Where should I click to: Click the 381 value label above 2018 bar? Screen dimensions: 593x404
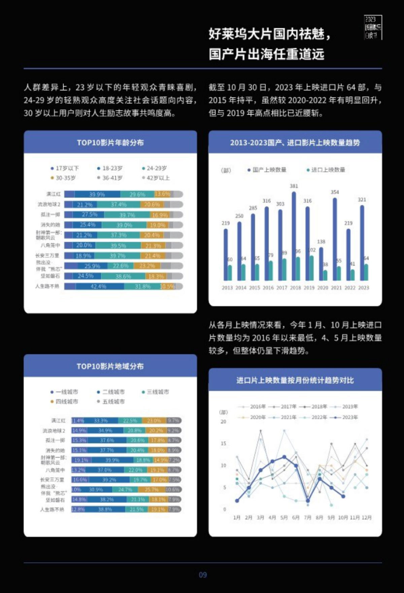click(294, 186)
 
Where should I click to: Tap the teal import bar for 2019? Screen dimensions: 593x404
click(311, 268)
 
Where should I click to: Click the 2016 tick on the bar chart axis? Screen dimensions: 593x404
click(268, 288)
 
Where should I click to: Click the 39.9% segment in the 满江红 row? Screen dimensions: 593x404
click(97, 194)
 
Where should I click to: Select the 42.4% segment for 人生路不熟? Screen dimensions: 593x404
click(99, 286)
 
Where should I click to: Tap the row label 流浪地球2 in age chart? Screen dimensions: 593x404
click(49, 204)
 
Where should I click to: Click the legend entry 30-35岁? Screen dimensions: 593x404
click(65, 178)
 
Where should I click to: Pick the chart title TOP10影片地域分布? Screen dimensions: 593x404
click(110, 366)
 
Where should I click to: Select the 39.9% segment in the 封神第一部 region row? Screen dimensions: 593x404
click(112, 460)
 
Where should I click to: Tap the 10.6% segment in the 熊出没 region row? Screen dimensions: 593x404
click(173, 490)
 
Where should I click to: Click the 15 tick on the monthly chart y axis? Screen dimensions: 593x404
click(224, 444)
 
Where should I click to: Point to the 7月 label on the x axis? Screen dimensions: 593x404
click(308, 518)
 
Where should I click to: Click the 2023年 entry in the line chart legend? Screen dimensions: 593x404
click(347, 417)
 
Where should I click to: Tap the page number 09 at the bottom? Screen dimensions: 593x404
click(203, 575)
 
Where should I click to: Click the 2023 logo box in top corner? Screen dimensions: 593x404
click(373, 27)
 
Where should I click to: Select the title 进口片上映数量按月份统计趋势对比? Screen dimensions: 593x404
click(295, 380)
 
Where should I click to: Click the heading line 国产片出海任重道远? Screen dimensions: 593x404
click(266, 54)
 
